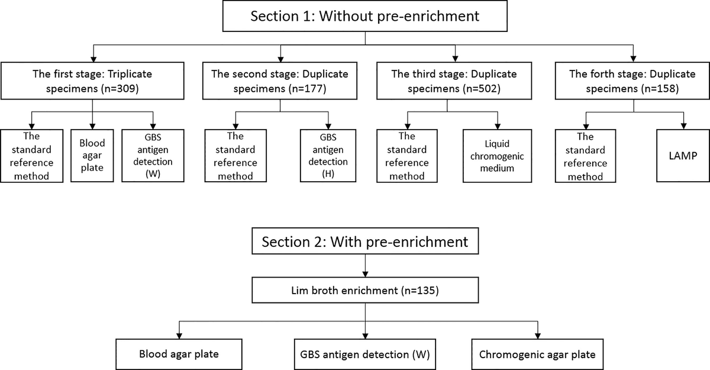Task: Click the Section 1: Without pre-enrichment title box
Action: [x=366, y=16]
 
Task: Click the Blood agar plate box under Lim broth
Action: [x=179, y=355]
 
